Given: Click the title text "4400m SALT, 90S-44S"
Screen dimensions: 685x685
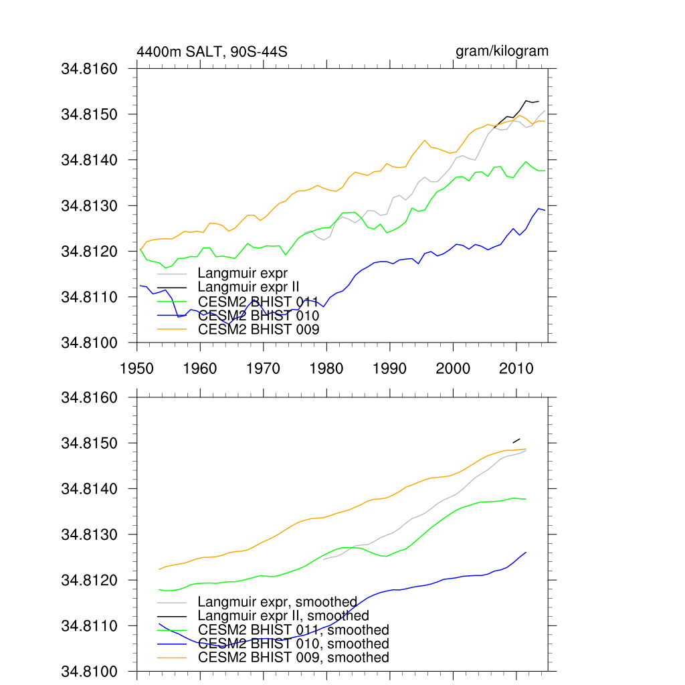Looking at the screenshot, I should (212, 52).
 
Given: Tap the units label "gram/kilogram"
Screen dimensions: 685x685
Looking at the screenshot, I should (502, 51).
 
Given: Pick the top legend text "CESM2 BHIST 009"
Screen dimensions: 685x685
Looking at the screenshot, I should (259, 329).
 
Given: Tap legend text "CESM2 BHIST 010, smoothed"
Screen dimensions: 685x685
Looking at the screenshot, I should (294, 644).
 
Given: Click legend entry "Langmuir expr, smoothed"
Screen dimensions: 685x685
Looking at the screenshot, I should (278, 602).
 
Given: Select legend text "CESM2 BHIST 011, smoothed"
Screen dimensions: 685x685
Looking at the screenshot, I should (294, 629).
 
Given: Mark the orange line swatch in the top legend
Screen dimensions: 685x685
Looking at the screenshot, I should (171, 329).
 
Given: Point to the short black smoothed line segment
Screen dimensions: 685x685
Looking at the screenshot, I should (516, 440).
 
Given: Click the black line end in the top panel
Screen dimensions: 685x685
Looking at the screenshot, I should (539, 101).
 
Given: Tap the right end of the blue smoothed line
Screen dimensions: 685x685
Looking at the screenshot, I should (526, 552).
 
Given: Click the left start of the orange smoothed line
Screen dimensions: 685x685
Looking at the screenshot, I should (159, 569).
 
